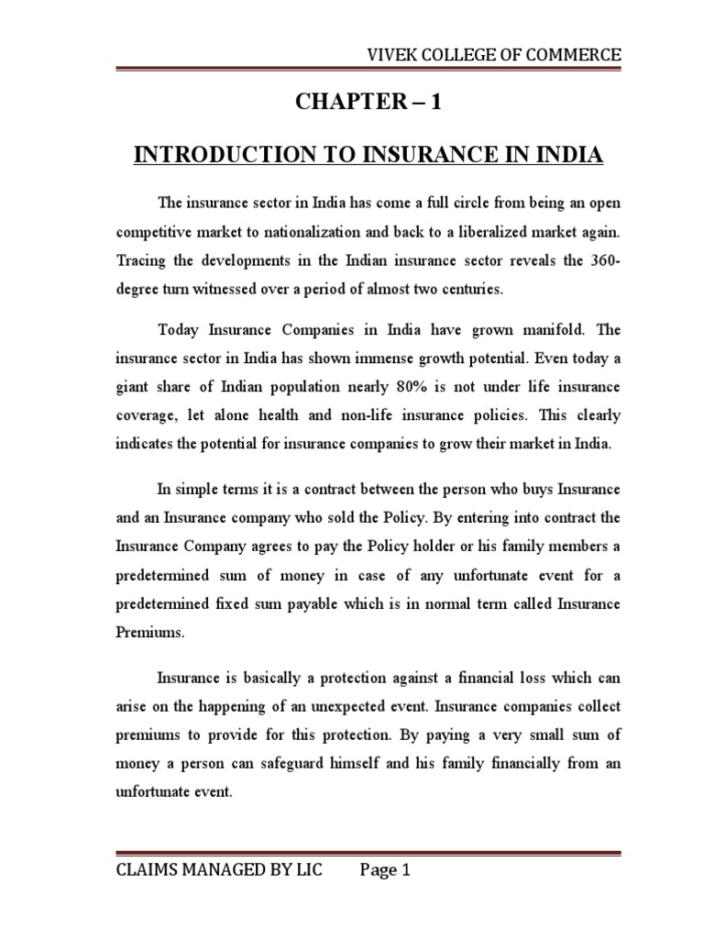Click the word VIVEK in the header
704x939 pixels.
pyautogui.click(x=389, y=56)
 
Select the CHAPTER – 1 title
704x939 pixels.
pyautogui.click(x=368, y=103)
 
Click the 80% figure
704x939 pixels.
pyautogui.click(x=384, y=388)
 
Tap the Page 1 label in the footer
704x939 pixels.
pyautogui.click(x=383, y=871)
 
